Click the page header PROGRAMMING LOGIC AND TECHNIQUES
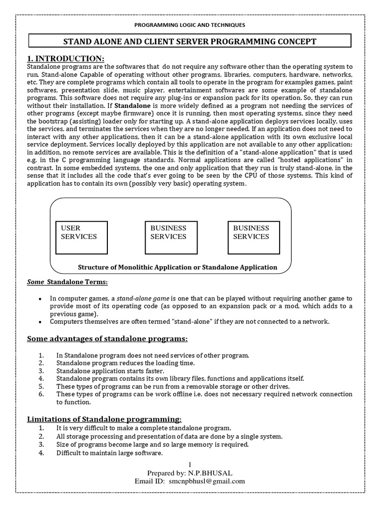point(190,24)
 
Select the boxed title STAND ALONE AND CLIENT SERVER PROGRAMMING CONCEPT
point(190,41)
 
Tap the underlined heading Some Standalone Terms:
point(67,282)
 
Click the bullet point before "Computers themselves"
point(40,322)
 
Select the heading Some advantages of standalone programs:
point(107,339)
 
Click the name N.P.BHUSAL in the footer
point(206,472)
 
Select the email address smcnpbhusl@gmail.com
point(207,481)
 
